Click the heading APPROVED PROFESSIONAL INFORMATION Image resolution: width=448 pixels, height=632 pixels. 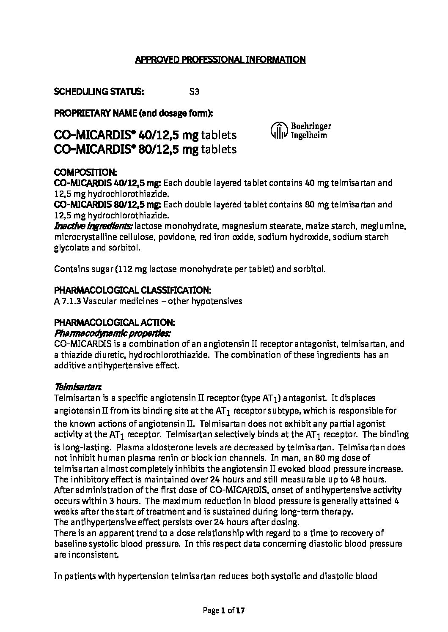(x=220, y=60)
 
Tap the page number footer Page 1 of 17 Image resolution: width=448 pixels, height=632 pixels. (x=224, y=610)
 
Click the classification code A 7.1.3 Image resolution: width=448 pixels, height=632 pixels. (x=68, y=301)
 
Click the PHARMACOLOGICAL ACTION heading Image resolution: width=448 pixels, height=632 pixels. (x=114, y=323)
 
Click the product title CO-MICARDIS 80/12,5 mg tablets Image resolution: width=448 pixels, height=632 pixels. (x=145, y=149)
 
